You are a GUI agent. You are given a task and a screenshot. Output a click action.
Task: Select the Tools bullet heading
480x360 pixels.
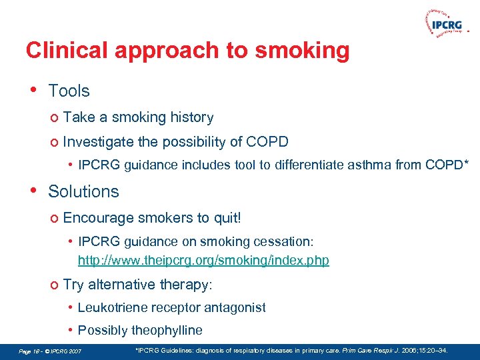coord(69,91)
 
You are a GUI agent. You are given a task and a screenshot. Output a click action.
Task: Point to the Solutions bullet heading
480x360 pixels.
coord(83,191)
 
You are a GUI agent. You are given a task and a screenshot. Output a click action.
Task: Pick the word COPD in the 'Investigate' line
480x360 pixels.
coord(267,142)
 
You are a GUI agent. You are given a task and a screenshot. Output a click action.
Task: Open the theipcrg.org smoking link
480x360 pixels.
coord(203,260)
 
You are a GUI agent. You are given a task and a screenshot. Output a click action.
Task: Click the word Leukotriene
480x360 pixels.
coord(111,307)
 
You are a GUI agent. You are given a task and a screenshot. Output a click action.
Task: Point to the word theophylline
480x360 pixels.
coord(167,331)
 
